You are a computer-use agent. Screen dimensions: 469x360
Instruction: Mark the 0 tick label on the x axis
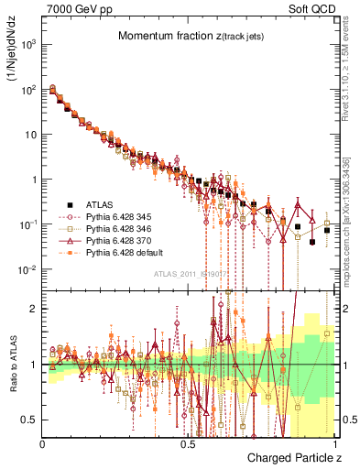[43, 442]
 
